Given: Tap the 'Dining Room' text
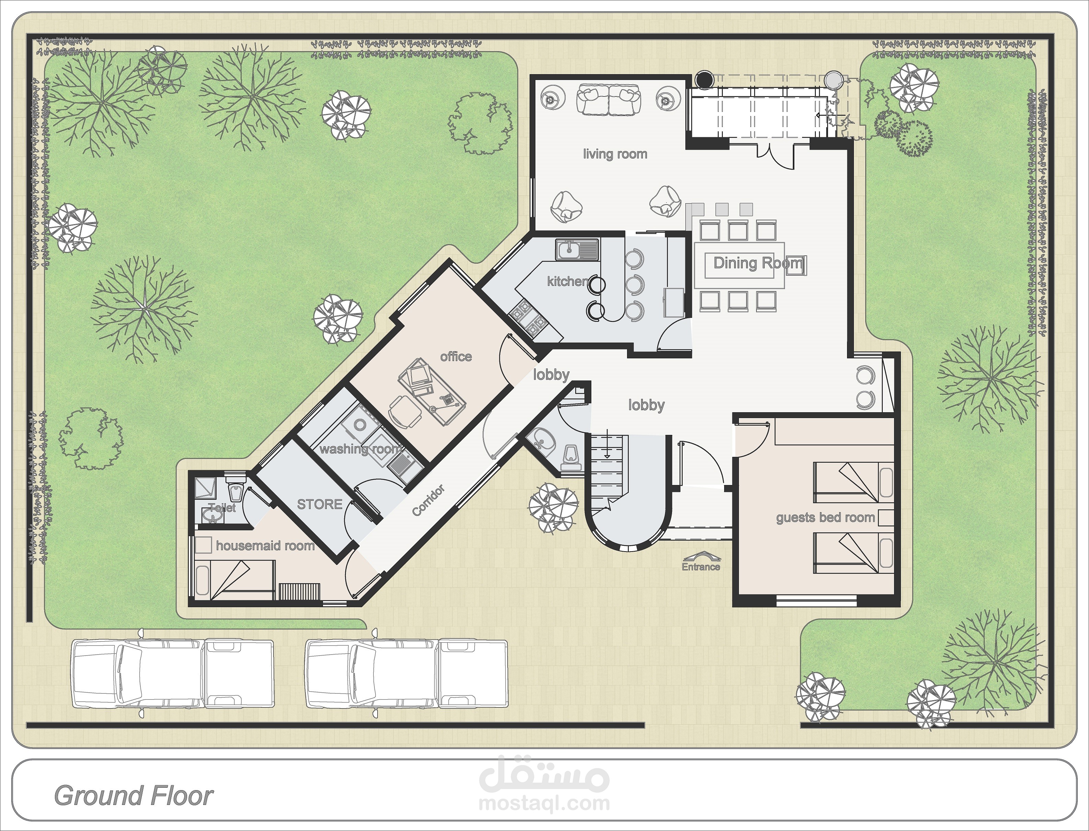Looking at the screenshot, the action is pyautogui.click(x=758, y=263).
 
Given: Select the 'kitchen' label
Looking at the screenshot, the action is pyautogui.click(x=568, y=281).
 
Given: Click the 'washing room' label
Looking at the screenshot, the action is pyautogui.click(x=360, y=449).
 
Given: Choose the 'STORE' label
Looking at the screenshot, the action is pyautogui.click(x=320, y=504).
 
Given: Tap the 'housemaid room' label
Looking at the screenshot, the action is pyautogui.click(x=265, y=546).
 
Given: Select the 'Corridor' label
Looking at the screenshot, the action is pyautogui.click(x=428, y=500).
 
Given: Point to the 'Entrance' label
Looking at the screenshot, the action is pyautogui.click(x=701, y=567).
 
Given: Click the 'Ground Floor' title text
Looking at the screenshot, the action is pyautogui.click(x=134, y=795).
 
